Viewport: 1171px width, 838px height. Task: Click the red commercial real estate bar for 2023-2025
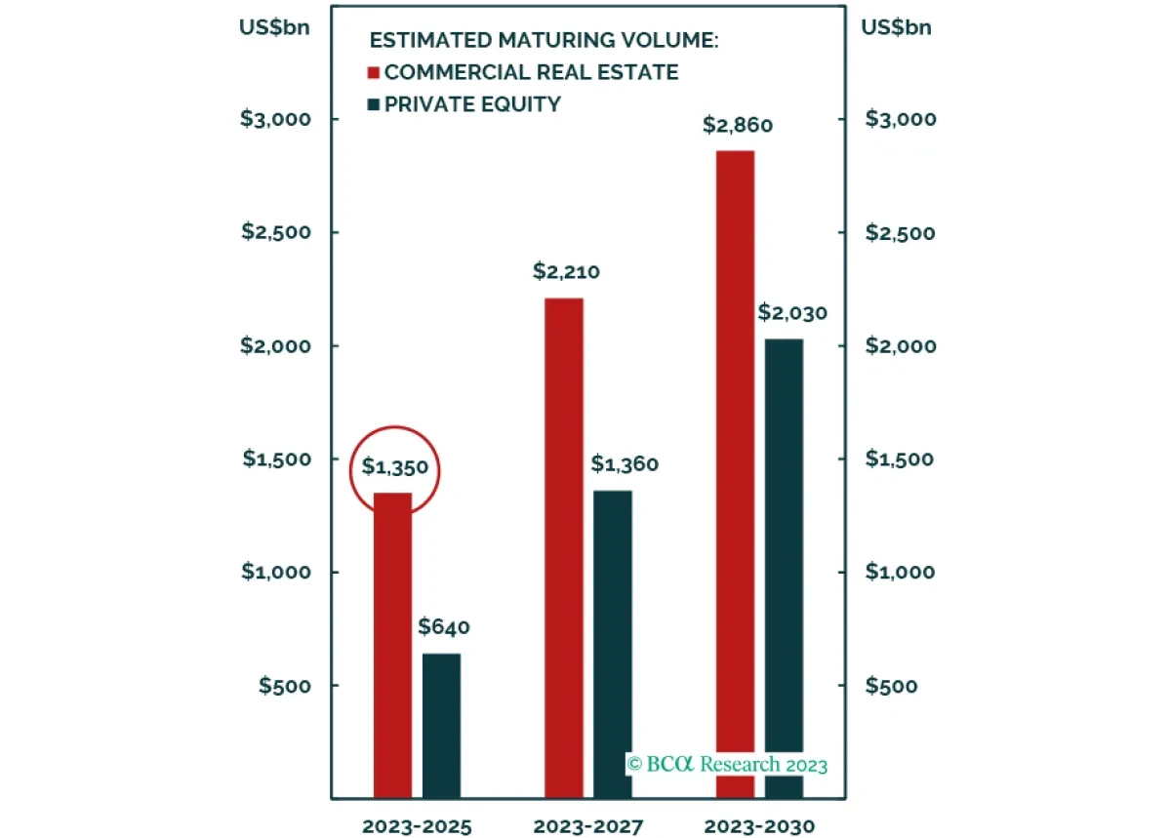[x=392, y=644]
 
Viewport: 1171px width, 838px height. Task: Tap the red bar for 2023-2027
[x=564, y=546]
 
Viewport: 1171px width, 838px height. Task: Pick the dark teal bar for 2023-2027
[x=613, y=644]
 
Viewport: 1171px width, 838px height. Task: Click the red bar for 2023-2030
[x=735, y=468]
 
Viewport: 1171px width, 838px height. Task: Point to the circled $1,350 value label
[x=394, y=467]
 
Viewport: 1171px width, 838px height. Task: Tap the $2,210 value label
[x=566, y=272]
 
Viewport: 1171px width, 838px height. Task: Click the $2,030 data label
[x=792, y=313]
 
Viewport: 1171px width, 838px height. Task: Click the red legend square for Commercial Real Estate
[x=373, y=72]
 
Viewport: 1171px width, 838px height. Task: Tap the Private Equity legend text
[x=472, y=103]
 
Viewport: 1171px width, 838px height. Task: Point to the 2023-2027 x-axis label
[x=588, y=827]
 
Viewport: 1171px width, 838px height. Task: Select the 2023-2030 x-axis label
[x=759, y=827]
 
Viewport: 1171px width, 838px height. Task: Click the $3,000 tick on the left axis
[x=275, y=119]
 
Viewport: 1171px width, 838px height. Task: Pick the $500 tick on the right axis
[x=892, y=686]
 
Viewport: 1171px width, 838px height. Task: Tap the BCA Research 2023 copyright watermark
[x=727, y=763]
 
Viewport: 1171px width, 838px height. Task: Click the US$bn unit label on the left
[x=274, y=27]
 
